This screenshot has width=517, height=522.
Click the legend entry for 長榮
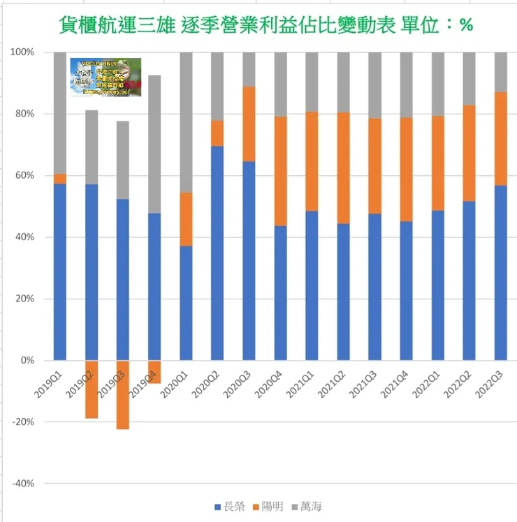pyautogui.click(x=228, y=506)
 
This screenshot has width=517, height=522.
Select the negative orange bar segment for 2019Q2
pyautogui.click(x=92, y=389)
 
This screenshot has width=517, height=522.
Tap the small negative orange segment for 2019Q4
pyautogui.click(x=154, y=372)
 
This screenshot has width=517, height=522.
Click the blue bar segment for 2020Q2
pyautogui.click(x=218, y=253)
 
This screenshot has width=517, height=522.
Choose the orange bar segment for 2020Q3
pyautogui.click(x=249, y=124)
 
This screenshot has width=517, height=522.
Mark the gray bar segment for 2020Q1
pyautogui.click(x=186, y=122)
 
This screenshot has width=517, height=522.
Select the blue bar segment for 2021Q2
pyautogui.click(x=344, y=292)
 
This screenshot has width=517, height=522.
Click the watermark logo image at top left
pyautogui.click(x=105, y=77)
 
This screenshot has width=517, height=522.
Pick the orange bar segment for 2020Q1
pyautogui.click(x=186, y=219)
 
